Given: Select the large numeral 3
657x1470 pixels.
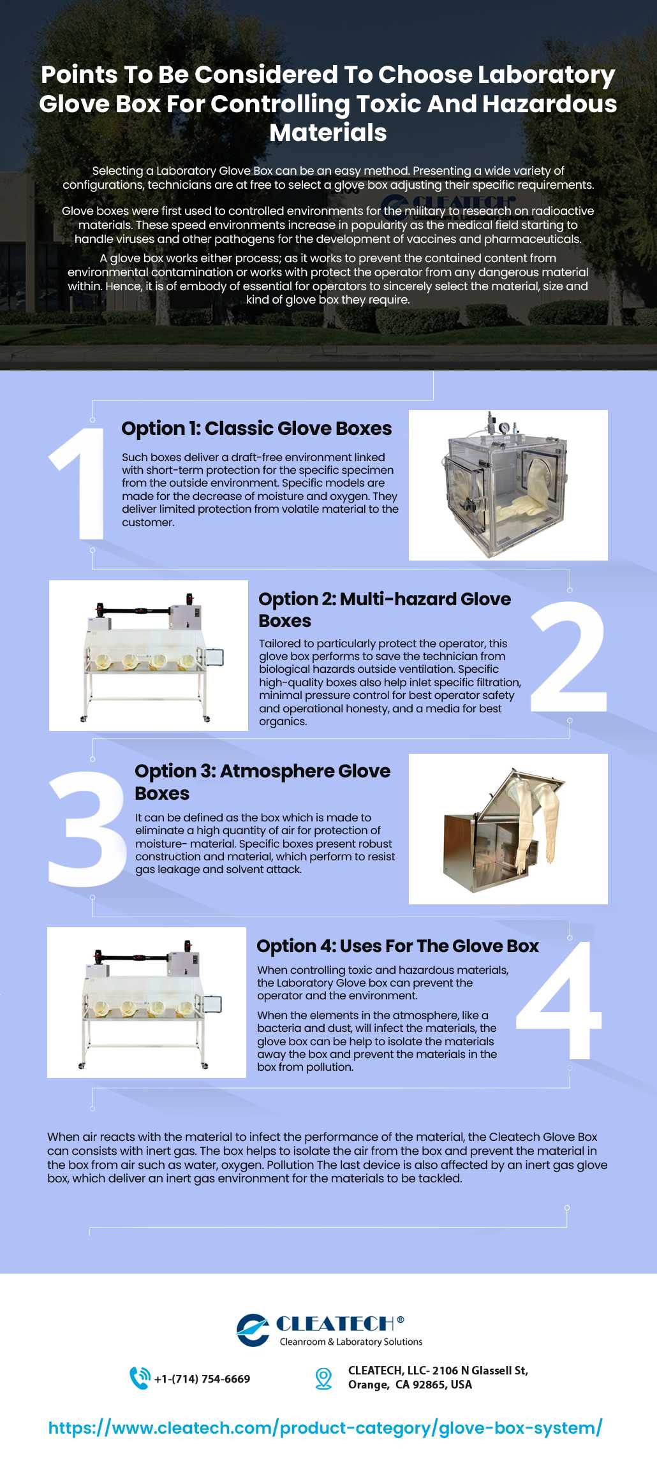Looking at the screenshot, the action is coord(87,828).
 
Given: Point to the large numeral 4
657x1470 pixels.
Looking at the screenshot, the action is coord(559,999).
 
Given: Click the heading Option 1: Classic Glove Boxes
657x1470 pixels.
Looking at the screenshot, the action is coord(256,429).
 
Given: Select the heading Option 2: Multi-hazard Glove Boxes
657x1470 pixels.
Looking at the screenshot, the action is coord(385,610).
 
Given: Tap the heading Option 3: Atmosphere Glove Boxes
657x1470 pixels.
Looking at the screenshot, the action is coord(262,782).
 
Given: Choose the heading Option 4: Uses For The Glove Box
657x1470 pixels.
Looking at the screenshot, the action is coord(397,946).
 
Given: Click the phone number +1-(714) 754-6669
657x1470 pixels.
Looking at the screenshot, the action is coord(202,1379).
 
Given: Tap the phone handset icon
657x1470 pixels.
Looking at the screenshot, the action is coord(140,1378).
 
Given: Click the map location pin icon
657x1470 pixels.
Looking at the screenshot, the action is coord(324,1379).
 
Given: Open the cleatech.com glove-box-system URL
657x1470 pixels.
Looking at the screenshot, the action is coord(325,1428).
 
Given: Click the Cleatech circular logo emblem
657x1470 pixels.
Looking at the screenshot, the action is coord(253,1330).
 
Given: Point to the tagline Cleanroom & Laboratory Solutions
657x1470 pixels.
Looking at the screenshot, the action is coord(351,1342).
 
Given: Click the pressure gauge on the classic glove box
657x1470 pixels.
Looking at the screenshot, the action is coord(505,427).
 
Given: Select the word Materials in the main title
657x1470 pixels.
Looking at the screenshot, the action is coord(328,133).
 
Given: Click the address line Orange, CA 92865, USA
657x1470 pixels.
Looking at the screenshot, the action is coord(410,1385).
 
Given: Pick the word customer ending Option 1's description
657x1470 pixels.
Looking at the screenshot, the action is coord(148,522).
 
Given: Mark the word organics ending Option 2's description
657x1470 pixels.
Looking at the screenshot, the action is coord(283,722).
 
